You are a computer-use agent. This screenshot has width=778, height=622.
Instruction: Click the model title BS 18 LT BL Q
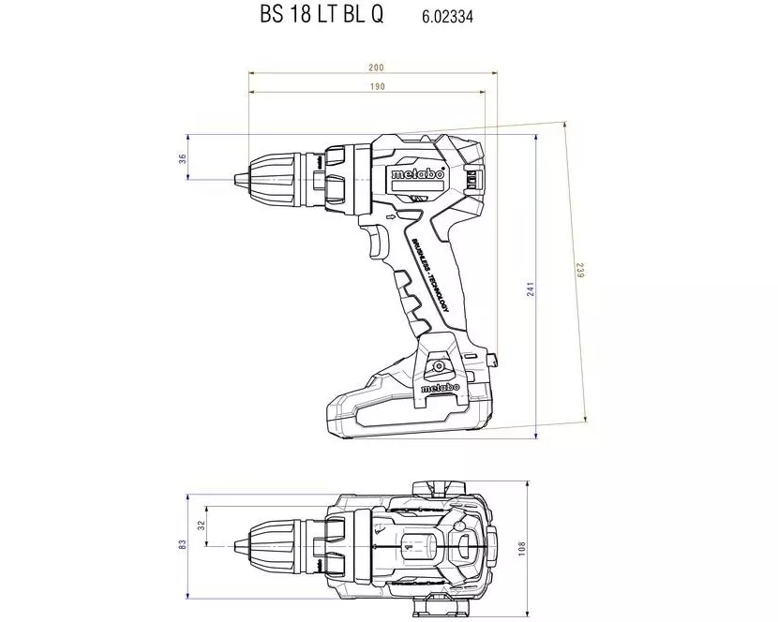pos(322,16)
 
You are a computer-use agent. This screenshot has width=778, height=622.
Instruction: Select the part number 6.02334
pos(447,17)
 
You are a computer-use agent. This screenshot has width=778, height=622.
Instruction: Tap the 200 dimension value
pos(376,67)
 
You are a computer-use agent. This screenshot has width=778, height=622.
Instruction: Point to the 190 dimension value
pos(376,86)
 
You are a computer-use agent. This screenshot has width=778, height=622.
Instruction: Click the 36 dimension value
pos(183,159)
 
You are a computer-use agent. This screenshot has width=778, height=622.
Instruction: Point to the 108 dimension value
pos(522,545)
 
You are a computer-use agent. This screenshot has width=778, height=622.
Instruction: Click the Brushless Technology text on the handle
pos(429,275)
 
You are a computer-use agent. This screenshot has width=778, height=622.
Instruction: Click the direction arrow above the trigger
pos(392,215)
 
